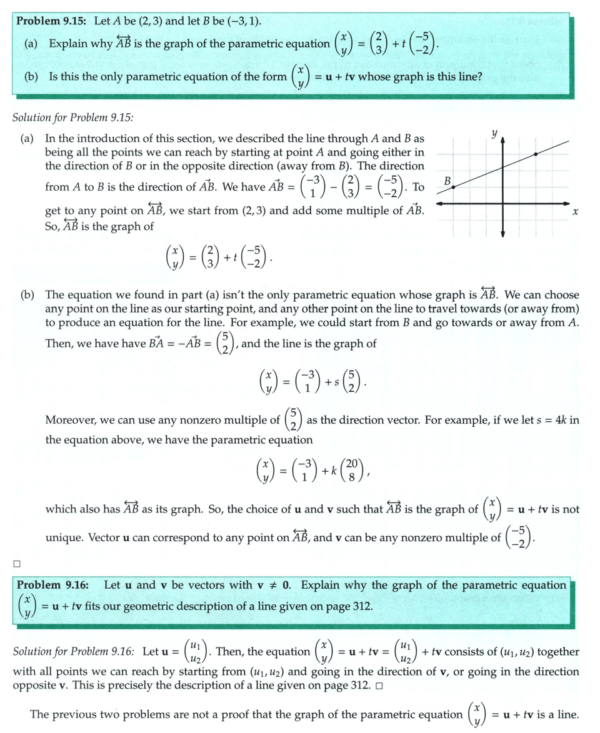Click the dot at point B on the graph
454,186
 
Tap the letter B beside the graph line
447,181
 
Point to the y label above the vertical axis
493,133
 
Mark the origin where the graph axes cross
502,203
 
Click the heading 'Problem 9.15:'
52,21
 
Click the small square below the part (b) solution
17,563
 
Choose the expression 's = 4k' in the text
558,420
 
